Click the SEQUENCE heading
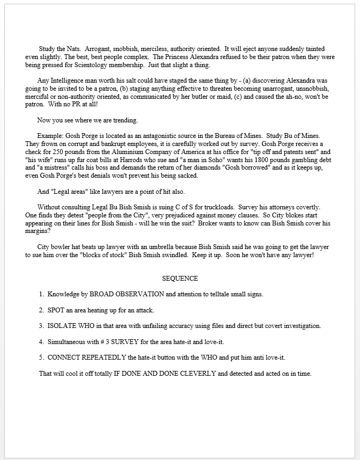pos(180,279)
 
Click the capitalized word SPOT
pos(57,310)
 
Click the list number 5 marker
pos(41,357)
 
